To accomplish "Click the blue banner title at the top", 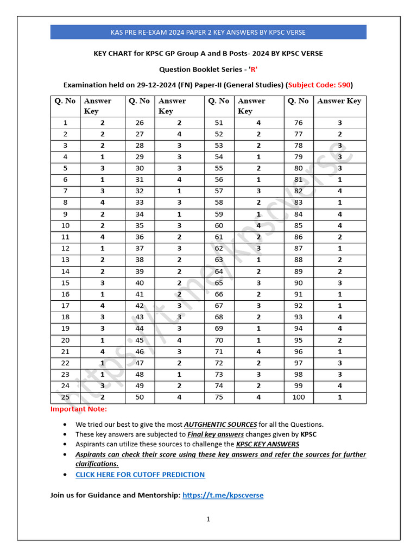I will pyautogui.click(x=208, y=32).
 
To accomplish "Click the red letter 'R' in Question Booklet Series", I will pyautogui.click(x=253, y=69).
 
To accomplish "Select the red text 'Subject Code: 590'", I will pyautogui.click(x=320, y=85).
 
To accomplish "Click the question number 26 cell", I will pyautogui.click(x=140, y=123).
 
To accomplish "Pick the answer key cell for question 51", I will pyautogui.click(x=258, y=123).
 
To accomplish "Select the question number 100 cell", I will pyautogui.click(x=299, y=397).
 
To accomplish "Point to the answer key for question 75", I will pyautogui.click(x=258, y=397).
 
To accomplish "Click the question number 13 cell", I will pyautogui.click(x=65, y=260).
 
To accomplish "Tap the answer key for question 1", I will pyautogui.click(x=102, y=123).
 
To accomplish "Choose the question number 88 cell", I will pyautogui.click(x=299, y=260).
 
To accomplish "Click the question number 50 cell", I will pyautogui.click(x=140, y=397).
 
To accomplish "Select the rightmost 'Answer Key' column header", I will pyautogui.click(x=339, y=101).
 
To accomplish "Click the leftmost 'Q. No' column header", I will pyautogui.click(x=65, y=101).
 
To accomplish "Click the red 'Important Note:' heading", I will pyautogui.click(x=79, y=409).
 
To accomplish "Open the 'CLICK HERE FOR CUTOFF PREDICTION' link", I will pyautogui.click(x=140, y=475).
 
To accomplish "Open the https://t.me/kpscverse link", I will pyautogui.click(x=223, y=495).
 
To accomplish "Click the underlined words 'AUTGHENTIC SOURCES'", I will pyautogui.click(x=220, y=425).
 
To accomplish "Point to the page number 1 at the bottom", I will pyautogui.click(x=208, y=519).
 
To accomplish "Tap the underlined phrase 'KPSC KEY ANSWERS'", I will pyautogui.click(x=268, y=444).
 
